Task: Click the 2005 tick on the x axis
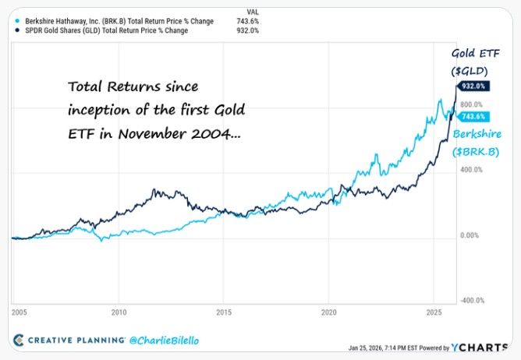point(19,312)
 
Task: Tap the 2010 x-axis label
point(119,312)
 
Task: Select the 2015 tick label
point(223,312)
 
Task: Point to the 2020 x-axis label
point(328,312)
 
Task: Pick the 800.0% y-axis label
point(472,104)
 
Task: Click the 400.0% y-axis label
point(472,170)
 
